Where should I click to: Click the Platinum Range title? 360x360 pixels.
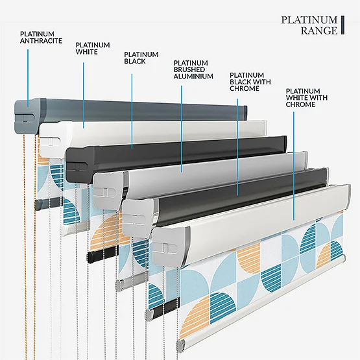point(309,25)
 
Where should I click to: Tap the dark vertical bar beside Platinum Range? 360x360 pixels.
point(342,25)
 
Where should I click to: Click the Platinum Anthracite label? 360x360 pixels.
point(41,38)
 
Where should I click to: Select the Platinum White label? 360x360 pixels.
point(93,48)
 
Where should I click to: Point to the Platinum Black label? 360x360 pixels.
point(141,58)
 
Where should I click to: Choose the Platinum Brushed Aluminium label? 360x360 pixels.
point(193,69)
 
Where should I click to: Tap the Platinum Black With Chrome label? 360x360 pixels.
point(250,82)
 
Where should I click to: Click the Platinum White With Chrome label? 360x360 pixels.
point(307,97)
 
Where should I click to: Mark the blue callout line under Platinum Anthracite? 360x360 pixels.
point(28,78)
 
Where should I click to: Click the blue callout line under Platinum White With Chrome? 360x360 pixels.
point(294,166)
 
